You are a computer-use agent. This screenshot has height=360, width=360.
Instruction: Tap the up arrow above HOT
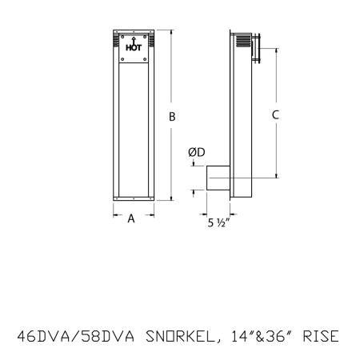click(133, 40)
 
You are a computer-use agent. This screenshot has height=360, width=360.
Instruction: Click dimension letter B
click(172, 117)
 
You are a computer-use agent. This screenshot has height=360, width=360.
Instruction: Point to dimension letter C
click(275, 115)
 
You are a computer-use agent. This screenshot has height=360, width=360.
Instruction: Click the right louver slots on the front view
click(148, 38)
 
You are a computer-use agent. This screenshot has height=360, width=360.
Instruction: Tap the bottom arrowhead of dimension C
click(276, 175)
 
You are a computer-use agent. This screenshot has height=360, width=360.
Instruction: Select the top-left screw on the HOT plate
click(124, 36)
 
